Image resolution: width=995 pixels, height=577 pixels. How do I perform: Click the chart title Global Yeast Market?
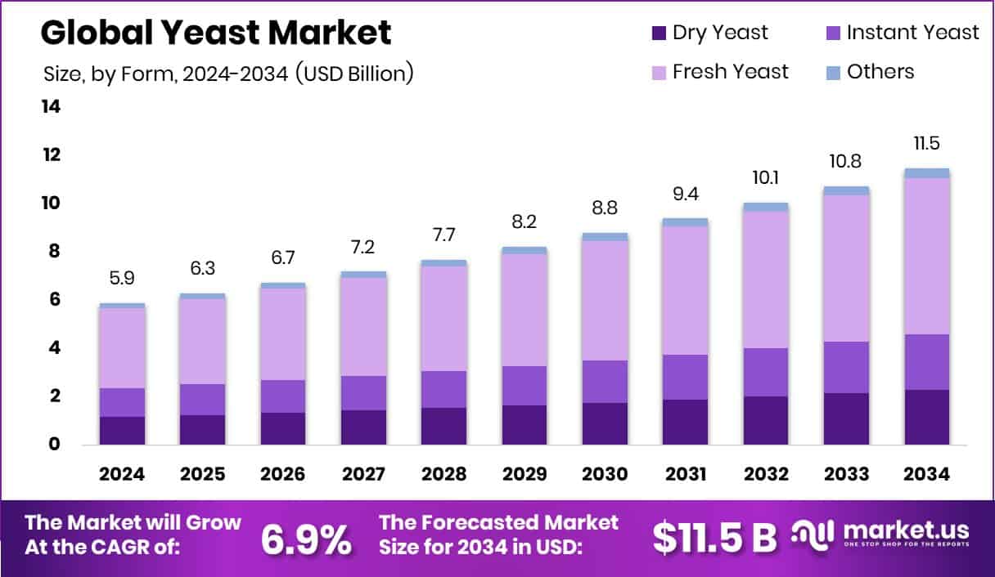point(216,33)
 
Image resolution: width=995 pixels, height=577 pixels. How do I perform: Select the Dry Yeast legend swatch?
point(659,34)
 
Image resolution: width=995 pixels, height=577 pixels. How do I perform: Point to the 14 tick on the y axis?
point(51,107)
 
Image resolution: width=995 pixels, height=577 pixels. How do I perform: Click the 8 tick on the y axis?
point(54,252)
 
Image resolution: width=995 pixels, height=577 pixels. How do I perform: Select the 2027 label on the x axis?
point(363,474)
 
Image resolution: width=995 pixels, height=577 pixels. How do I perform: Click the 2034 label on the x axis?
point(926,474)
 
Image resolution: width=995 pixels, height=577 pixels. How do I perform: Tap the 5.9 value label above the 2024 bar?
point(122,279)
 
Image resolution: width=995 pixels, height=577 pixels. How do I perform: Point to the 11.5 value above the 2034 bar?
point(926,144)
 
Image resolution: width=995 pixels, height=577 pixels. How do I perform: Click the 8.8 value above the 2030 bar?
point(605,208)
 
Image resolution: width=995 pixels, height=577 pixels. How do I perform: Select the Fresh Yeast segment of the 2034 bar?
point(926,256)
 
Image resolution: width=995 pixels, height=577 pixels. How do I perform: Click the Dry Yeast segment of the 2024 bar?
point(122,430)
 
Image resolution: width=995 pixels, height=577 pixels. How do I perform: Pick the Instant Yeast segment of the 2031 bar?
point(685,377)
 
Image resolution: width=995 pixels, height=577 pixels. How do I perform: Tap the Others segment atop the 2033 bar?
point(846,190)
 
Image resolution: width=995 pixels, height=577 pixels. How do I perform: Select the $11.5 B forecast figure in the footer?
point(714,538)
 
